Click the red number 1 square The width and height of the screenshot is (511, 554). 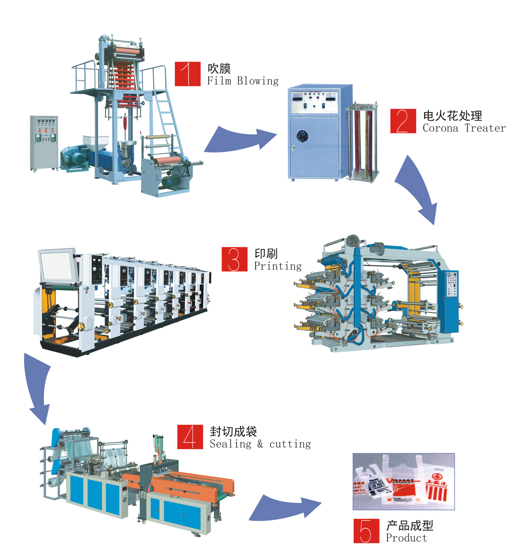pyautogui.click(x=187, y=74)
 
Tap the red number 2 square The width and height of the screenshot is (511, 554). pyautogui.click(x=403, y=121)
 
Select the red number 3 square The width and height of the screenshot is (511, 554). pyautogui.click(x=234, y=259)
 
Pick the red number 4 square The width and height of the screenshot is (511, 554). pyautogui.click(x=190, y=437)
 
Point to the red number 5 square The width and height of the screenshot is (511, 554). pyautogui.click(x=366, y=531)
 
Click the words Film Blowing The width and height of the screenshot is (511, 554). pyautogui.click(x=243, y=81)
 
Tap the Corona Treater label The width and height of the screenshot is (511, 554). pyautogui.click(x=464, y=128)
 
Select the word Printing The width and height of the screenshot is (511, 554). pyautogui.click(x=278, y=266)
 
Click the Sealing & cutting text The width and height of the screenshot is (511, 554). pyautogui.click(x=260, y=444)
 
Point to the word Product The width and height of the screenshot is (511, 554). pyautogui.click(x=406, y=538)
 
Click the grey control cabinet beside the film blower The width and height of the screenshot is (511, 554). pyautogui.click(x=44, y=143)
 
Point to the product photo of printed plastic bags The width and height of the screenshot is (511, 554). pyautogui.click(x=403, y=482)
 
